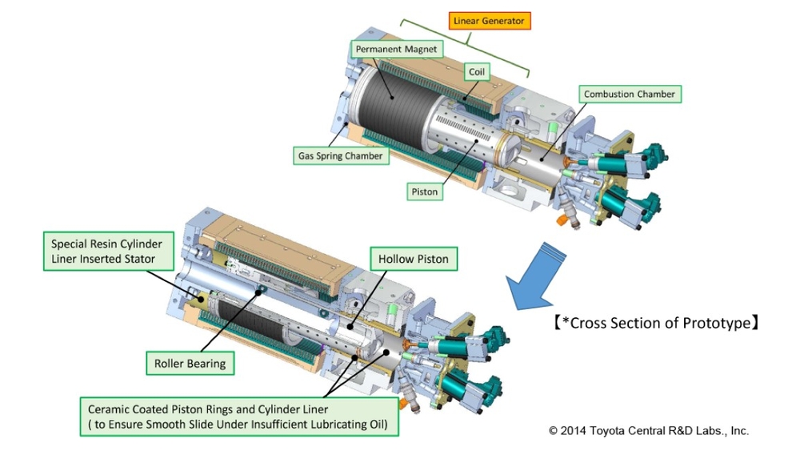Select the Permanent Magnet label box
pos(397,49)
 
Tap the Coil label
pos(477,71)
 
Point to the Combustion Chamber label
pos(629,94)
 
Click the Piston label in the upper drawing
pos(425,191)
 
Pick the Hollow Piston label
pos(414,259)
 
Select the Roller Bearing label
pos(190,363)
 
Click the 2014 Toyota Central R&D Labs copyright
pos(649,430)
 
